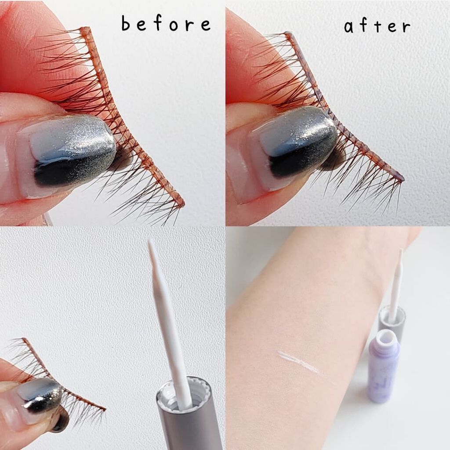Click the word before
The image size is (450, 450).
[166, 23]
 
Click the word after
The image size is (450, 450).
[377, 25]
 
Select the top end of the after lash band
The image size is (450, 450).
[288, 33]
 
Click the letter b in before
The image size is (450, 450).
[126, 23]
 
